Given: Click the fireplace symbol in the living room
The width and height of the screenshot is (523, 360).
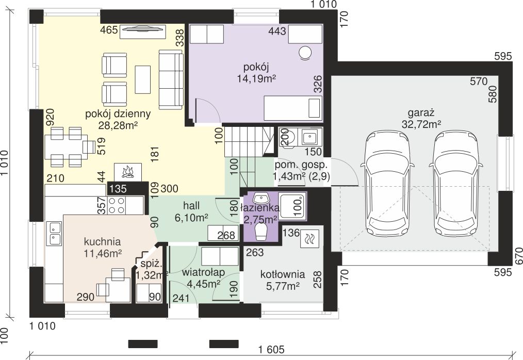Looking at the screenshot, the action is pyautogui.click(x=128, y=172).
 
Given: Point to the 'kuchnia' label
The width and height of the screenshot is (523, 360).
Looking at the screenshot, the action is pyautogui.click(x=102, y=241).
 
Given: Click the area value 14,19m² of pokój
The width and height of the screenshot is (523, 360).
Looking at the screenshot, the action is pyautogui.click(x=256, y=78).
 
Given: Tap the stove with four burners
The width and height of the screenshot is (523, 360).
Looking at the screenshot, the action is pyautogui.click(x=117, y=205).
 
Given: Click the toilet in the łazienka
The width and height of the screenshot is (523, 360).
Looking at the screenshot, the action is pyautogui.click(x=261, y=231).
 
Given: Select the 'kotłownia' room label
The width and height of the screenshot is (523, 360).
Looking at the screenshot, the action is pyautogui.click(x=282, y=274).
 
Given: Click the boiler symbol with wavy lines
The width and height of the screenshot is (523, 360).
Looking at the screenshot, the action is pyautogui.click(x=309, y=239).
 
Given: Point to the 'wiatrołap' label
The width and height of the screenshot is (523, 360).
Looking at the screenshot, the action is pyautogui.click(x=203, y=272).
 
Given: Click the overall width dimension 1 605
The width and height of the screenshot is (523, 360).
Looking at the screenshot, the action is pyautogui.click(x=271, y=349).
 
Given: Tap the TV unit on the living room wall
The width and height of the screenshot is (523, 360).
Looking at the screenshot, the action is pyautogui.click(x=143, y=31).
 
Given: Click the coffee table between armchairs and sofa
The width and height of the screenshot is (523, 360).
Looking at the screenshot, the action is pyautogui.click(x=143, y=79).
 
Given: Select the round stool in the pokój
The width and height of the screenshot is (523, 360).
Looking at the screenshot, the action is pyautogui.click(x=304, y=53).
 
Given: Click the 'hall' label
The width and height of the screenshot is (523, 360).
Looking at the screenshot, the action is pyautogui.click(x=191, y=205).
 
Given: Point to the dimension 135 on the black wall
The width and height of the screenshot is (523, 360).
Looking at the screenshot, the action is pyautogui.click(x=118, y=188).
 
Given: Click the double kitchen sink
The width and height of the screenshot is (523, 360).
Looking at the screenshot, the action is pyautogui.click(x=55, y=233).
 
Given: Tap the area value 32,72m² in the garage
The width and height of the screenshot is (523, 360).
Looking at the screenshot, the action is pyautogui.click(x=421, y=124).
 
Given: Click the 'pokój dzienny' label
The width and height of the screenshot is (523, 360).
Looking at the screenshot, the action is pyautogui.click(x=118, y=114).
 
